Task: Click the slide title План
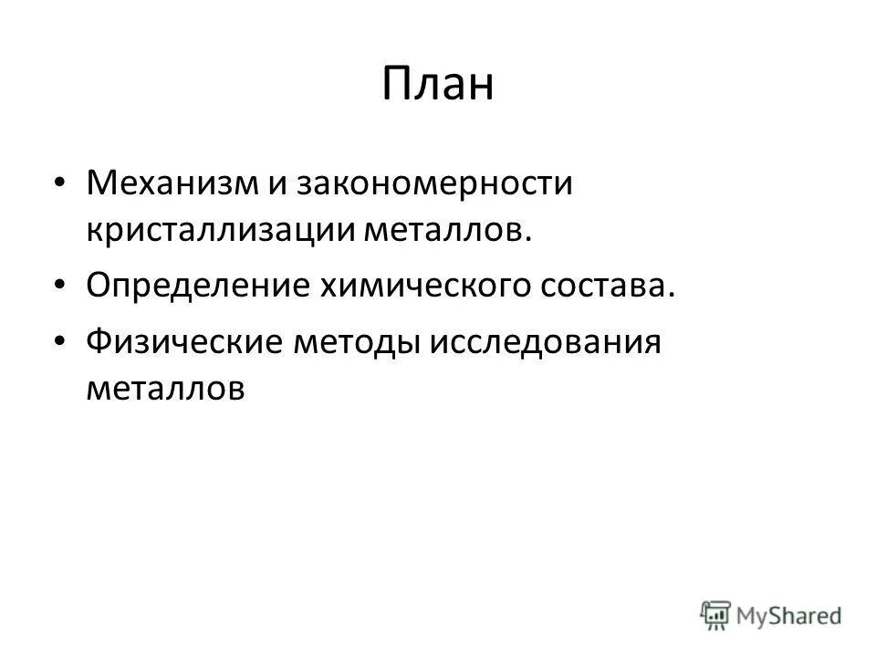(x=437, y=85)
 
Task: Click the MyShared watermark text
(x=791, y=614)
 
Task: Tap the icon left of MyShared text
(x=717, y=614)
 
